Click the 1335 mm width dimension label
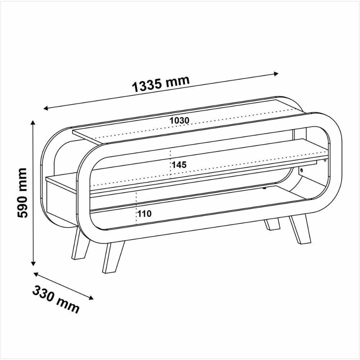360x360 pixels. click(161, 85)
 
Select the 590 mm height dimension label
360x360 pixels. click(22, 193)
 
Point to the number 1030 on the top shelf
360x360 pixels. click(179, 120)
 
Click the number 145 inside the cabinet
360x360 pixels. click(179, 165)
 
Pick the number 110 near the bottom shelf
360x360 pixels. click(144, 213)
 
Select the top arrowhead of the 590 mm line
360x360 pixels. click(33, 123)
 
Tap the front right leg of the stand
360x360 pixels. click(300, 229)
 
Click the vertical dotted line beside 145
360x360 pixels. click(170, 164)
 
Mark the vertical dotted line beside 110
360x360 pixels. click(137, 209)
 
